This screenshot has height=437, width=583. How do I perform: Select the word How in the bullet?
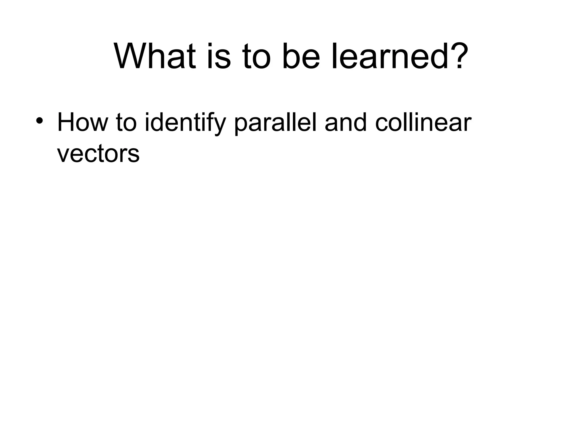[83, 123]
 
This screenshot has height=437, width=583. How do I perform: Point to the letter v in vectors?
[63, 155]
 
